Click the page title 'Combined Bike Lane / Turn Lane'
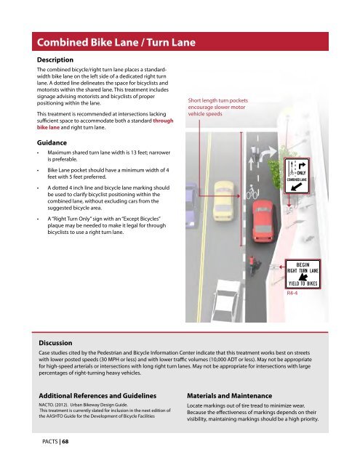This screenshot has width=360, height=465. (116, 42)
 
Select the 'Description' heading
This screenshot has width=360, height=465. (55, 60)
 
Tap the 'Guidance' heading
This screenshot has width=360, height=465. (52, 142)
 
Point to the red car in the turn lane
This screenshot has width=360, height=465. (263, 221)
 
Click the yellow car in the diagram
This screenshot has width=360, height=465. (223, 201)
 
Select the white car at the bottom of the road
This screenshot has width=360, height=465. (226, 301)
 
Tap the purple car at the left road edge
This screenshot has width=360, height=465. (192, 205)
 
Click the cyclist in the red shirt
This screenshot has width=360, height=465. (253, 265)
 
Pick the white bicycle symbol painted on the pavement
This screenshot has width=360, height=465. (252, 192)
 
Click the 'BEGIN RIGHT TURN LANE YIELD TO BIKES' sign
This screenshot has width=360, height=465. (303, 274)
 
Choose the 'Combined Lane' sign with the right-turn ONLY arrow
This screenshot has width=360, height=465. (297, 176)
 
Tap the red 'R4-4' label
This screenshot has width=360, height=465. (292, 293)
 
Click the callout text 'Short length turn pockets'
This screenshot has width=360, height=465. (218, 100)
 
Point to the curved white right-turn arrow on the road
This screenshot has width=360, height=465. (267, 153)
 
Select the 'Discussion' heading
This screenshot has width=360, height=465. (55, 343)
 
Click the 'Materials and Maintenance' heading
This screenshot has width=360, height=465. (229, 396)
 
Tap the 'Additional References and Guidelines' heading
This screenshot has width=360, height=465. (97, 396)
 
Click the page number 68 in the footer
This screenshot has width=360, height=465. (65, 442)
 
